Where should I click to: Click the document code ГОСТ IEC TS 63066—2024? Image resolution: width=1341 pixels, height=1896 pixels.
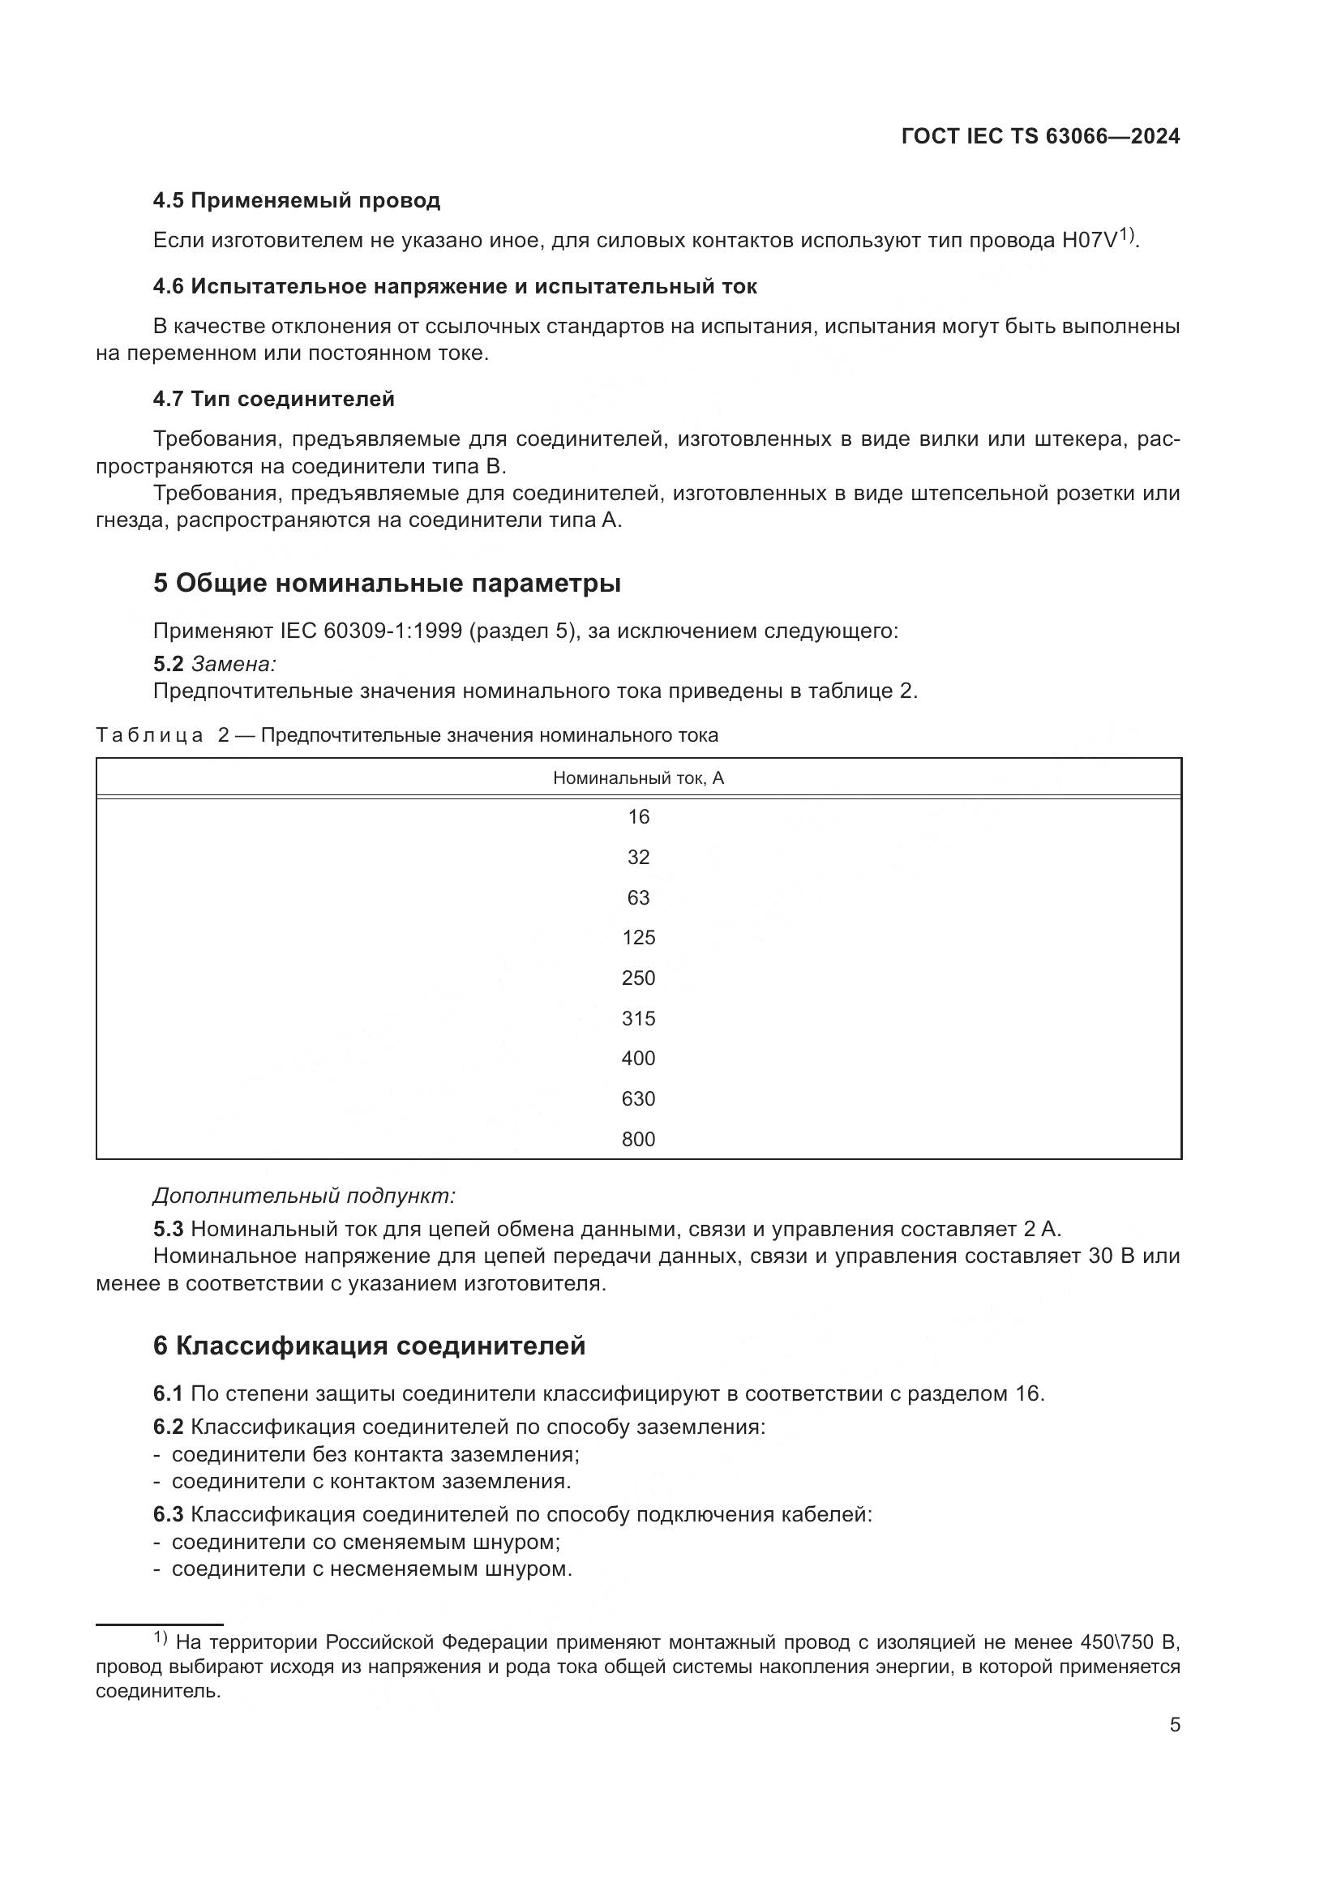tap(1040, 136)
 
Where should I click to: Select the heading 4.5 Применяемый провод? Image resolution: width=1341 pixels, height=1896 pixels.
tap(297, 201)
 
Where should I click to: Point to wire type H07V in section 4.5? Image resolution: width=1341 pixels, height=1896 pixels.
tap(1089, 240)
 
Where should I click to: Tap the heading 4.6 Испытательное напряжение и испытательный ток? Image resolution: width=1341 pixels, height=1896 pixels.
tap(455, 286)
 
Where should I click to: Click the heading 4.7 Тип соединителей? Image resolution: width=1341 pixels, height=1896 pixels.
tap(273, 400)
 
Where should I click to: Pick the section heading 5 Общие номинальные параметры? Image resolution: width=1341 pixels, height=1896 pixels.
tap(387, 583)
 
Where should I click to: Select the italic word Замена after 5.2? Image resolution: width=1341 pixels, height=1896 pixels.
tap(233, 664)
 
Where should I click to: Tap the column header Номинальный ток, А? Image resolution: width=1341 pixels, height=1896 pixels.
tap(638, 778)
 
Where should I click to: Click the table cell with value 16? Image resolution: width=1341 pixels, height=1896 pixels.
tap(638, 817)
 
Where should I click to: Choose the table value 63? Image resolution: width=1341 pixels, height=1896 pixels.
tap(638, 897)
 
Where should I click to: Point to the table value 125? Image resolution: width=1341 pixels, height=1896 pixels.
tap(638, 938)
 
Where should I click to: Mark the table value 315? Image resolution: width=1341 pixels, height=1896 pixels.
tap(638, 1018)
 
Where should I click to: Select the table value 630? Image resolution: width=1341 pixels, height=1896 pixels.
tap(638, 1099)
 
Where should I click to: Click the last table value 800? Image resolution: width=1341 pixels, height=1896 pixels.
tap(638, 1140)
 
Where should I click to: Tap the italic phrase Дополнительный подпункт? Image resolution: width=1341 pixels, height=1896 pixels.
tap(304, 1196)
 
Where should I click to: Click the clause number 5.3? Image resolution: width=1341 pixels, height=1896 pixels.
tap(168, 1230)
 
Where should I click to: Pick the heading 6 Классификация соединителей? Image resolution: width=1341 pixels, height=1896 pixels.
tap(369, 1346)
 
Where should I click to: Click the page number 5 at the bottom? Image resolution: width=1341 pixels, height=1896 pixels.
tap(1175, 1725)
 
